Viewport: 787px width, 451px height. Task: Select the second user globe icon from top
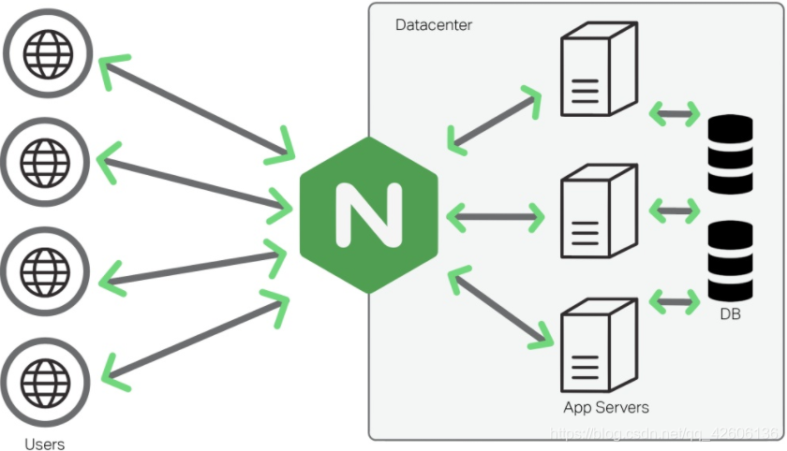(46, 156)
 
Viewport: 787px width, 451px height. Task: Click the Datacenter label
(434, 24)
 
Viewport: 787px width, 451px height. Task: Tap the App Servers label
(606, 407)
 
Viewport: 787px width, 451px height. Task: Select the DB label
(731, 314)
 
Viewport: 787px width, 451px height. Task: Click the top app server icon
(597, 72)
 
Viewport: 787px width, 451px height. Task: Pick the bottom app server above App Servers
(597, 345)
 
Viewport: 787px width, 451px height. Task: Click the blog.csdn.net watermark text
(664, 434)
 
